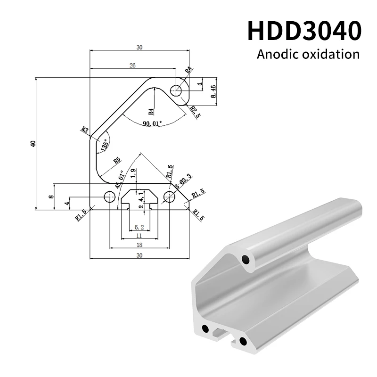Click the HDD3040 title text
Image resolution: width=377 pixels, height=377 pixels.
pos(304,31)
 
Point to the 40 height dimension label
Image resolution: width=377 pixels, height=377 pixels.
pos(33,144)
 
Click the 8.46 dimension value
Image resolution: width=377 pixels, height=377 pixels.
pos(213,91)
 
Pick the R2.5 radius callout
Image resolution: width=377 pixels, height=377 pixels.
pos(194,112)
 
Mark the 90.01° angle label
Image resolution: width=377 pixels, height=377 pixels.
pos(151,123)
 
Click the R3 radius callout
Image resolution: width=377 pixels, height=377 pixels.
pos(85,130)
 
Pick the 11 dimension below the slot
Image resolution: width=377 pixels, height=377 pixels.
pos(139,235)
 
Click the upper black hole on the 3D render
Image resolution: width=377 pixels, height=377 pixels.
pos(245,259)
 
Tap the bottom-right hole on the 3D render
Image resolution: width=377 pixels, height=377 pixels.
pos(243,340)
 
